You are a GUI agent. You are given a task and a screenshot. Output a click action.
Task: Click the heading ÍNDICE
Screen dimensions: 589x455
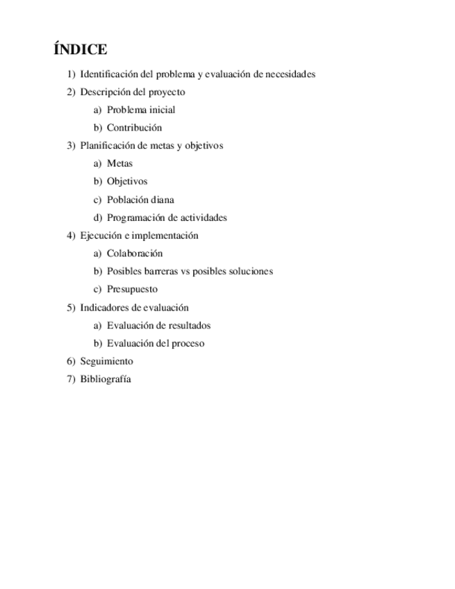click(x=80, y=49)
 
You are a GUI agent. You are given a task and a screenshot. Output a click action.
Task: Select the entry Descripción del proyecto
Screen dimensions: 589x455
click(x=132, y=92)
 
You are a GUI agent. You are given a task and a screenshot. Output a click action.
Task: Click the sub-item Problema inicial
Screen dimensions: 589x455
click(x=141, y=110)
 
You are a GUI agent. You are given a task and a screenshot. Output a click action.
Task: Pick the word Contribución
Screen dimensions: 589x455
click(x=134, y=128)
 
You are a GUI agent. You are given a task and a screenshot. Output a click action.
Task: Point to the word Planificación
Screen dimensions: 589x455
click(x=108, y=146)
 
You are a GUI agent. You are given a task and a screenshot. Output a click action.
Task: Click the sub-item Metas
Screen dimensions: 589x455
click(x=119, y=164)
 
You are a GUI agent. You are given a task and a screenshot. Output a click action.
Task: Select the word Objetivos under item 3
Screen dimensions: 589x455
click(x=127, y=181)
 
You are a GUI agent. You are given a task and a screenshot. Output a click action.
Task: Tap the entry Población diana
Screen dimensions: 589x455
click(x=140, y=199)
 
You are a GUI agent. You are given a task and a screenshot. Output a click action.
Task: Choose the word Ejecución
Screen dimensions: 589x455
click(x=101, y=235)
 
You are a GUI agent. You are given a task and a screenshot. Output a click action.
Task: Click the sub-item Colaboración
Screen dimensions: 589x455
click(x=135, y=254)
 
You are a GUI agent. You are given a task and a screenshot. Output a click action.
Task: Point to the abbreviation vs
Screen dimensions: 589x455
click(x=185, y=272)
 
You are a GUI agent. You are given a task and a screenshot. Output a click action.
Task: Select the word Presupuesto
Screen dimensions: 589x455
click(x=132, y=290)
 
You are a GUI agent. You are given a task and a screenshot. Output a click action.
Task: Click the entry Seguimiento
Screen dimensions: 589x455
click(x=106, y=361)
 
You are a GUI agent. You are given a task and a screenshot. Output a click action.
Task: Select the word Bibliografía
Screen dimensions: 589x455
click(x=106, y=379)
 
